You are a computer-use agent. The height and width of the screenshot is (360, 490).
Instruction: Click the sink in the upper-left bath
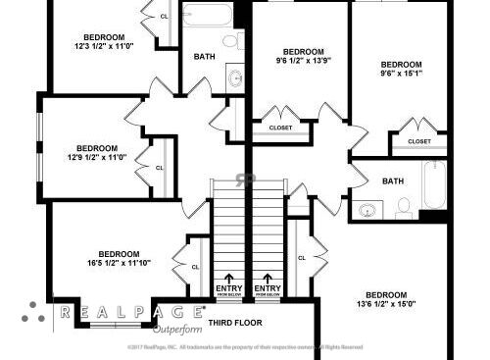pyautogui.click(x=235, y=77)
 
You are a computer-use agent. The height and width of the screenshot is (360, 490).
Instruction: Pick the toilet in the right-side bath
pyautogui.click(x=404, y=207)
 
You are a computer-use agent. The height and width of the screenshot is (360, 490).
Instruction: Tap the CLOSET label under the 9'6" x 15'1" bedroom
pyautogui.click(x=418, y=141)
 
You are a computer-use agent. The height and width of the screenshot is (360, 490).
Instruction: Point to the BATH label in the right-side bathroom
pyautogui.click(x=392, y=180)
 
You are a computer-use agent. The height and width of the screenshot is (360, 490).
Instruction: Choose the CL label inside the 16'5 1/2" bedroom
pyautogui.click(x=195, y=267)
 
